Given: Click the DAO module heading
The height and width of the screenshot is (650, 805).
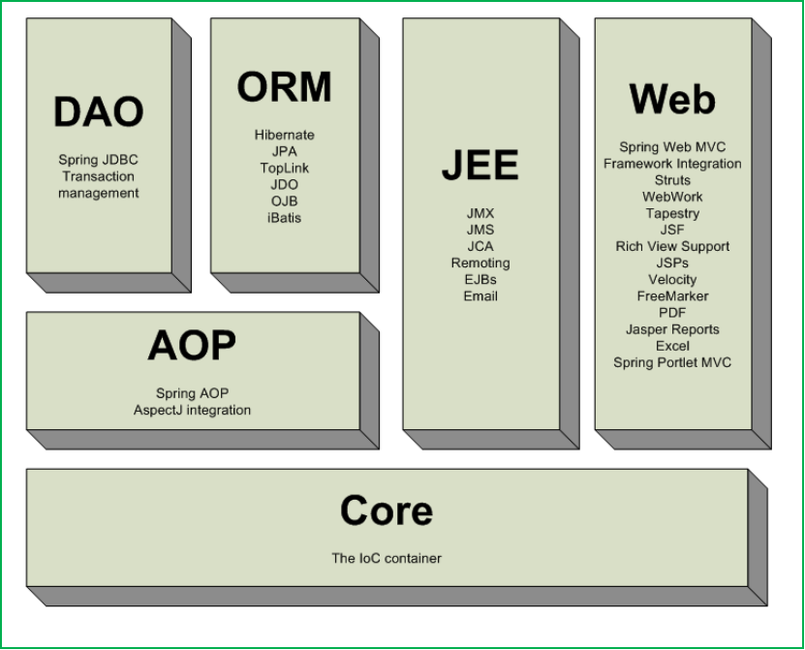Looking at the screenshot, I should pos(98,111).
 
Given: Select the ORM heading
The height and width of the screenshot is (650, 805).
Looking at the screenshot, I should pos(284,87).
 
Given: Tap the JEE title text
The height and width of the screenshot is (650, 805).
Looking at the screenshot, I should pos(480,166).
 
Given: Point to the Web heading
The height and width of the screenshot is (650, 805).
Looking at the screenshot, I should pos(672,99).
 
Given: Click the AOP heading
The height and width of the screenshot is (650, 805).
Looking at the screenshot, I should pos(192,346).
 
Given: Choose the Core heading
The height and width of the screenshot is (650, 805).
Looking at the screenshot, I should pos(387,511).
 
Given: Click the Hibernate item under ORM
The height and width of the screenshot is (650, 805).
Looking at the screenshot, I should pos(285,136).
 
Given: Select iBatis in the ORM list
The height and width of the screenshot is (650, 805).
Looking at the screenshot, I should pos(285,218).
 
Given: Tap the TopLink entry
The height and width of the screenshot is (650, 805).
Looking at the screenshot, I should pos(285,169).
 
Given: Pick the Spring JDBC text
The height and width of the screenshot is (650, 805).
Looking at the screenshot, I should pos(98,160).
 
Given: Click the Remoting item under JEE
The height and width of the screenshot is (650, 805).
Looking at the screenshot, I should pos(480,263).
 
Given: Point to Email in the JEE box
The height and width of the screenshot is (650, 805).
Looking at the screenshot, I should pos(480,296).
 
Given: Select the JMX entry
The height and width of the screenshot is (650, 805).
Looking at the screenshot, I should pos(480,213).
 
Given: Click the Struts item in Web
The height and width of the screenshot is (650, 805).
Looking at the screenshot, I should pos(672,180).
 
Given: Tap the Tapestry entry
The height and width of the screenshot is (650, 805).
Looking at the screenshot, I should pos(672,213).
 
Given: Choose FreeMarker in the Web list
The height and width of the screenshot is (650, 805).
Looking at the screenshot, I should pos(672,296).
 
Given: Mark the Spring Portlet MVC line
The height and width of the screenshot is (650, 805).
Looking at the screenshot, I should pos(672,363).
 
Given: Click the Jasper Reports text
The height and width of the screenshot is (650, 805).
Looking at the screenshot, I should pos(672,329).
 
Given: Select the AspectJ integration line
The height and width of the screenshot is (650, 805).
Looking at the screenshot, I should pos(192,411).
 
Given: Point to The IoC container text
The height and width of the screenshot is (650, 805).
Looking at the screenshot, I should pos(387,558).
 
